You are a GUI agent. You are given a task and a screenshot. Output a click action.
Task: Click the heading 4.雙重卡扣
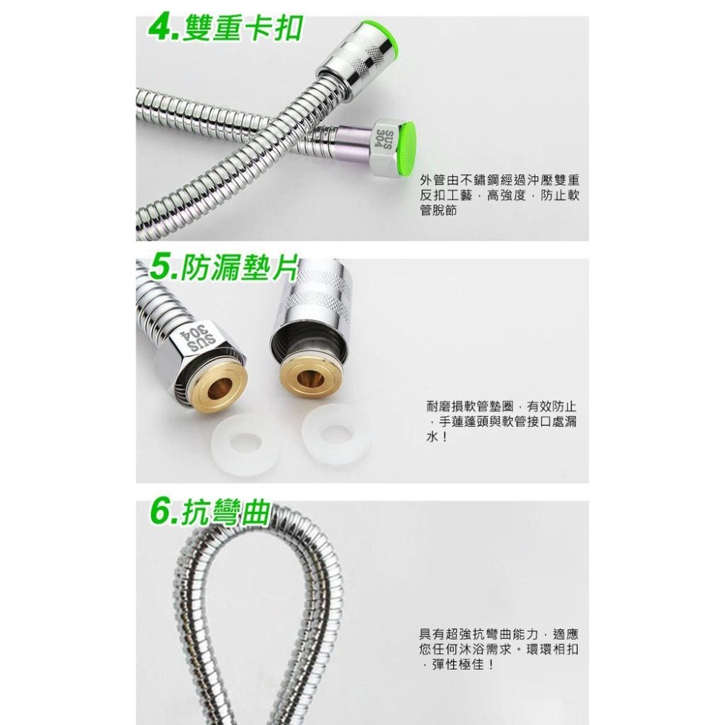[225, 30]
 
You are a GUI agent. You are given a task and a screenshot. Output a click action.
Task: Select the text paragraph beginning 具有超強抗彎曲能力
[499, 649]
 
